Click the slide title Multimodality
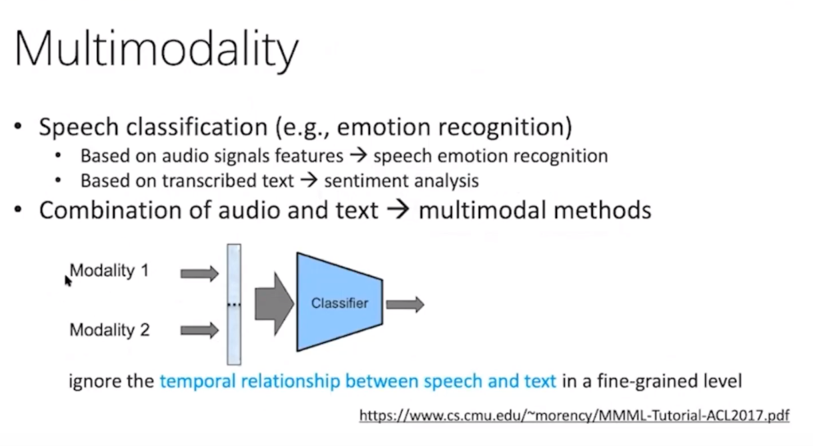coord(156,50)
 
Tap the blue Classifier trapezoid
coord(339,303)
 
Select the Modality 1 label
coord(109,271)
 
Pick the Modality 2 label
coord(109,330)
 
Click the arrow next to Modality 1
coord(199,273)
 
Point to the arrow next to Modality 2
coord(199,330)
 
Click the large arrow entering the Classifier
coord(273,303)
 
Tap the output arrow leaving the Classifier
coord(405,305)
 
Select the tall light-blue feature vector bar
coord(233,304)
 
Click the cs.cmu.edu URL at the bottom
coord(574,416)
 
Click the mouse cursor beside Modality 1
coord(67,281)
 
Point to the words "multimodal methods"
coord(535,210)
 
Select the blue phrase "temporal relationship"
coord(251,381)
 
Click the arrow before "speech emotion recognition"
coord(358,156)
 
